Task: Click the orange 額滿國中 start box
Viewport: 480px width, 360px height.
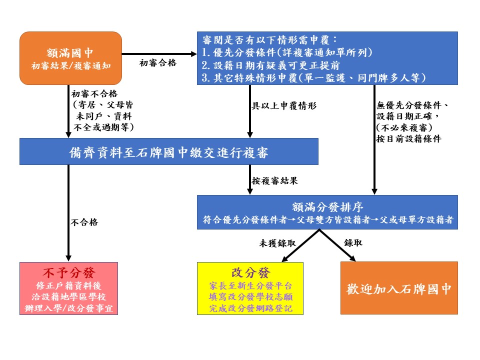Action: click(71, 58)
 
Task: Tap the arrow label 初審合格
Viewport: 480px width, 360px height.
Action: click(158, 63)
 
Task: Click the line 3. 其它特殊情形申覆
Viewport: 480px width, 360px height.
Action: click(313, 77)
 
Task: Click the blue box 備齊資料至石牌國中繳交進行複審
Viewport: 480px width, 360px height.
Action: click(168, 151)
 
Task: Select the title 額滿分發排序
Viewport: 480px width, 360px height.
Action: click(327, 207)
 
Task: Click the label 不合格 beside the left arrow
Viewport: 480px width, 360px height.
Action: click(84, 222)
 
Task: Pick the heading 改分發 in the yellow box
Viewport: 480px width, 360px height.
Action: click(250, 272)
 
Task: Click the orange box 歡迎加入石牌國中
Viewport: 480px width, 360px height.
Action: click(399, 288)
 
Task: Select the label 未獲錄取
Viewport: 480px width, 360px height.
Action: click(276, 243)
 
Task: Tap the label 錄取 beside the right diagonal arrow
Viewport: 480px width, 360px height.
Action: click(353, 243)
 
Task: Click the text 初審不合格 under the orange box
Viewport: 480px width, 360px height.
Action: click(94, 93)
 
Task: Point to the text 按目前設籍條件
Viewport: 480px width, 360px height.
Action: click(408, 139)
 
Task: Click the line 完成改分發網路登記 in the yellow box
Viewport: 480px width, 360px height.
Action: click(250, 308)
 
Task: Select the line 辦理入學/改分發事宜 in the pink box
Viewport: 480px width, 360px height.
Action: click(68, 308)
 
